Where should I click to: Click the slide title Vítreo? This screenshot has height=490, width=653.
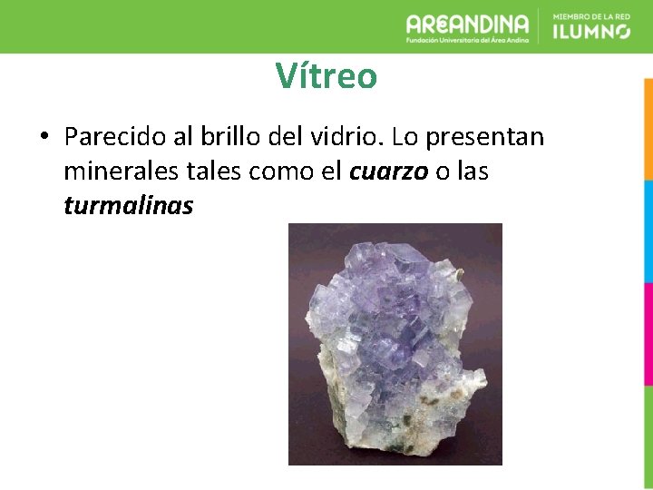coord(326,76)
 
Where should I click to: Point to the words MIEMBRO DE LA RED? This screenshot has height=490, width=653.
coord(590,15)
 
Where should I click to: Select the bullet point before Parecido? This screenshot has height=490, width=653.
coord(43,137)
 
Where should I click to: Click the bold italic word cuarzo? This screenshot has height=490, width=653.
coord(388,171)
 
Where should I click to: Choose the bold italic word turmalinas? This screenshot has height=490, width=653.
coord(129,206)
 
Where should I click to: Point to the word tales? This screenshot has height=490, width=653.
coord(210,171)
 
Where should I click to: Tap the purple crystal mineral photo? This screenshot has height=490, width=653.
coord(395,344)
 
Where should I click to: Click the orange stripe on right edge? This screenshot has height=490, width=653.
coord(648,128)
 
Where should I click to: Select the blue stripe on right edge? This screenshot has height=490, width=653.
coord(648,231)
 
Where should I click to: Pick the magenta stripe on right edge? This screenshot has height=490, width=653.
coord(648,334)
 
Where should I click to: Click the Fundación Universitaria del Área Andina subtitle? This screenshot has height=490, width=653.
coord(468,41)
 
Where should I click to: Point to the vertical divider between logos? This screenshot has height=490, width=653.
coord(541,25)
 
